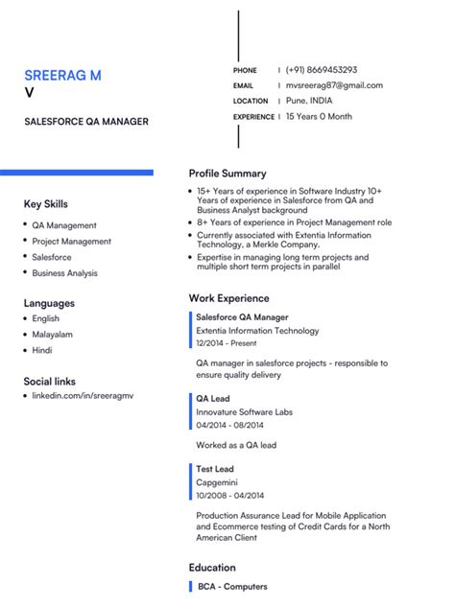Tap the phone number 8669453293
(x=322, y=70)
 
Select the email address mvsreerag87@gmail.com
(x=334, y=85)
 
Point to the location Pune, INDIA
(x=309, y=101)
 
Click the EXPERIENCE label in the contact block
(x=253, y=117)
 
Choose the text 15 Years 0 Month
(x=319, y=117)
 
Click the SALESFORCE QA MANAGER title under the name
(x=86, y=122)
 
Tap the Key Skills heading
(x=46, y=204)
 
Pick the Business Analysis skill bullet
(x=64, y=273)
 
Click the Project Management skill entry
(x=71, y=242)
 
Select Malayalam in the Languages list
(x=54, y=335)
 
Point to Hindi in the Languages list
(x=43, y=351)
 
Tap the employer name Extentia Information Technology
(x=257, y=331)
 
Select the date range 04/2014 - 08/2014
(x=229, y=425)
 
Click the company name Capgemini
(x=217, y=482)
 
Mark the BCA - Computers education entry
(x=232, y=587)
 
